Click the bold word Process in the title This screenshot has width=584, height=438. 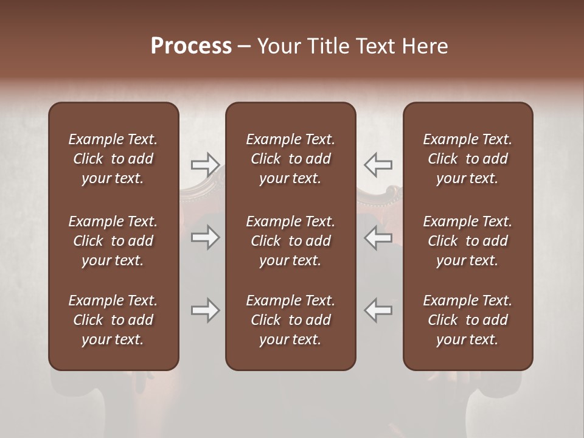click(191, 46)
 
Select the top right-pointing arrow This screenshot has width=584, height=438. click(206, 164)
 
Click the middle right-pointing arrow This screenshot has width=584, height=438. click(206, 237)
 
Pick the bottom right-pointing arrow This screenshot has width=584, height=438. click(206, 310)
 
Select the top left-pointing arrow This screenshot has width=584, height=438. click(378, 164)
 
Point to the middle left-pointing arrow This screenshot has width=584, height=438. click(378, 237)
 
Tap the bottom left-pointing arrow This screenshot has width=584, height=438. click(378, 310)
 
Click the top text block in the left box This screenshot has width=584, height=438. click(113, 159)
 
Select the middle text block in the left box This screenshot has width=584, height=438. click(113, 241)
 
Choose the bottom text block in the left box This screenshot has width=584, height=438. click(113, 320)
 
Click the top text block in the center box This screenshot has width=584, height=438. click(290, 159)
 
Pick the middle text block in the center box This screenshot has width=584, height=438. click(290, 241)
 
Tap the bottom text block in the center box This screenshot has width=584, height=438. click(290, 320)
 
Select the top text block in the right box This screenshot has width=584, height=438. click(467, 159)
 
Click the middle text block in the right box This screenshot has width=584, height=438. click(467, 241)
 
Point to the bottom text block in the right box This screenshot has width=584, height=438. click(467, 320)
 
